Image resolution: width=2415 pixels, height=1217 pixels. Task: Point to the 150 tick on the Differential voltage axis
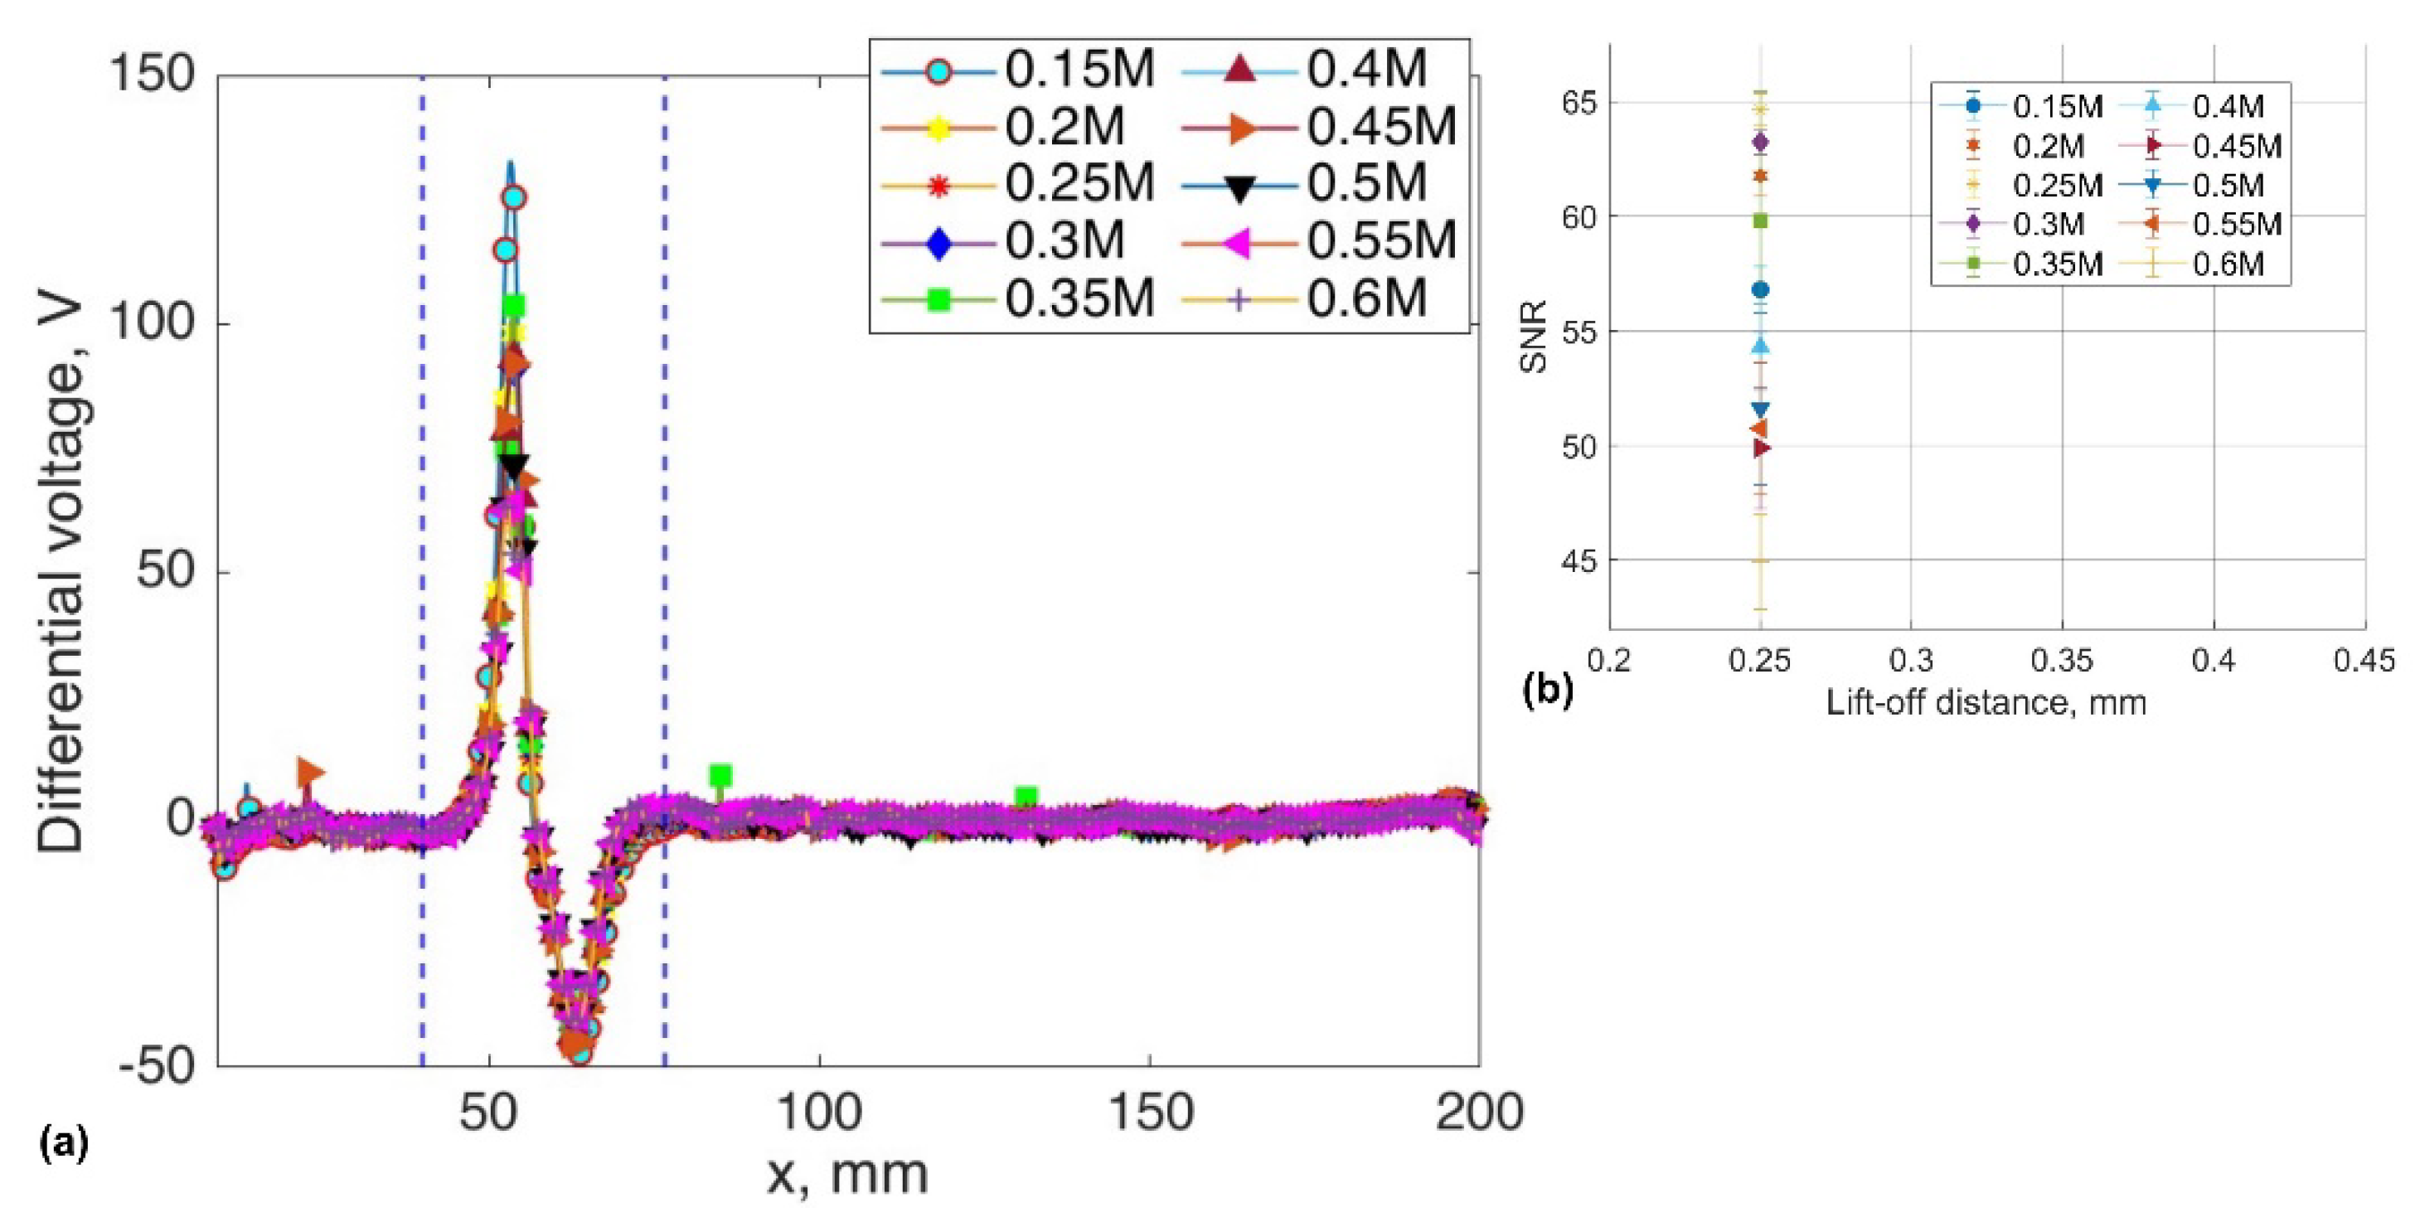(x=152, y=73)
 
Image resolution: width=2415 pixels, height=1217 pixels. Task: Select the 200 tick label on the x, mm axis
(x=1478, y=1113)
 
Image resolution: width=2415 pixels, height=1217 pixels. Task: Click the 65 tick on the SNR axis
(x=1578, y=102)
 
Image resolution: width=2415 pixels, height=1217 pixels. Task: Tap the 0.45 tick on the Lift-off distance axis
(x=2364, y=661)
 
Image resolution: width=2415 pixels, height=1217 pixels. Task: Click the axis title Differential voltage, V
(x=61, y=577)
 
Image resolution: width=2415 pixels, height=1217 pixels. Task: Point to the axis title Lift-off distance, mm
(x=1986, y=702)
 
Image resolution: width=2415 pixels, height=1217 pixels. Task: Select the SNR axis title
(x=1534, y=337)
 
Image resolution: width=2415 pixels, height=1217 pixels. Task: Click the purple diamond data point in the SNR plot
(x=1761, y=143)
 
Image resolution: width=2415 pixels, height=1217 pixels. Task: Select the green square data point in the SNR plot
(x=1761, y=221)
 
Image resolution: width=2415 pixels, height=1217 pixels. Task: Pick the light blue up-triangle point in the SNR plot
(x=1761, y=346)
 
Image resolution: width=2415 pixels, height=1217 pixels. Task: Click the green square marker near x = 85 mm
(x=719, y=775)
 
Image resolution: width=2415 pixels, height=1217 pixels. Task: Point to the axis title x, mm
(x=846, y=1174)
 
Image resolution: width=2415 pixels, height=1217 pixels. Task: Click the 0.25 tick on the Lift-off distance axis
(x=1760, y=661)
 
